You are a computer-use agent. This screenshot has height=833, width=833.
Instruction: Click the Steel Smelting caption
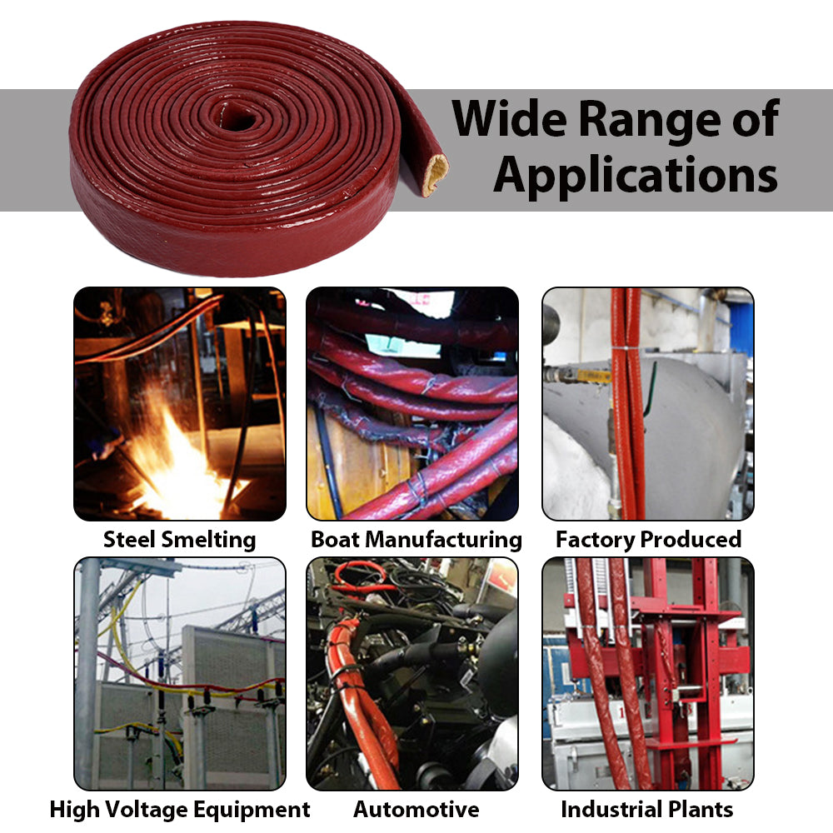click(x=179, y=539)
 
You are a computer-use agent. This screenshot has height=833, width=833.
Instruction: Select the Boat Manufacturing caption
click(x=416, y=539)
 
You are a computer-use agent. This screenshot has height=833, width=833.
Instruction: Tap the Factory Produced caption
click(x=648, y=539)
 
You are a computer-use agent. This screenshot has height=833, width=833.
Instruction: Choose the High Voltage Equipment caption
click(x=179, y=809)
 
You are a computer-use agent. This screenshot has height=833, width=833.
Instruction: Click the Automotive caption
click(x=416, y=809)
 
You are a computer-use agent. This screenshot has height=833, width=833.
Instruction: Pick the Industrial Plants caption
click(x=646, y=809)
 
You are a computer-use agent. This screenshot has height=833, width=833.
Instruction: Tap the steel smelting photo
click(x=179, y=404)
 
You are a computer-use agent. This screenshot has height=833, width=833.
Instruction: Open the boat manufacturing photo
click(x=412, y=404)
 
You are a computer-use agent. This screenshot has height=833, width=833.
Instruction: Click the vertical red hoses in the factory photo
click(x=626, y=400)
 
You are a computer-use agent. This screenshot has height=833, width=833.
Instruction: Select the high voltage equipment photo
click(x=179, y=673)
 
